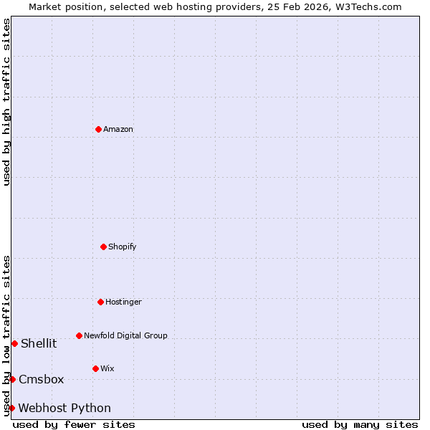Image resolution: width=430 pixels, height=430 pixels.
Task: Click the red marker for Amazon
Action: point(98,129)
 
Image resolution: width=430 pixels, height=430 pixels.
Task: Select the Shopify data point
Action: point(103,247)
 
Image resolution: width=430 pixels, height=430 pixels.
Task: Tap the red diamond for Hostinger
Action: point(100,302)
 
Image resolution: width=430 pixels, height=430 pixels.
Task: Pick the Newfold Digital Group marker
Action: point(79,335)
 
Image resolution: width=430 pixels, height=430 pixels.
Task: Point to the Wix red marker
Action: point(95,368)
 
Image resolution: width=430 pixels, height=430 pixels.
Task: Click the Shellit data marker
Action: point(14,343)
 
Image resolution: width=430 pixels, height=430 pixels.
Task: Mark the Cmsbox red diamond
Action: point(12,379)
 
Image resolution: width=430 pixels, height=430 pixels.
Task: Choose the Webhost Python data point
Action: point(11,408)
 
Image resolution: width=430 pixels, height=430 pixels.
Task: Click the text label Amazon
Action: point(118,130)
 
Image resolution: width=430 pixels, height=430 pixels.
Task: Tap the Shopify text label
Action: point(123,247)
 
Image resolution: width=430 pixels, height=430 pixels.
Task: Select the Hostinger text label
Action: point(123,302)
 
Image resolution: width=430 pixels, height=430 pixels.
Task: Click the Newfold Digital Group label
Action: point(125,336)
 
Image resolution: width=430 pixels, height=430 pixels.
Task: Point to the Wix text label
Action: point(107,369)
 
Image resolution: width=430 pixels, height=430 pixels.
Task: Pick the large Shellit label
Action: point(39,344)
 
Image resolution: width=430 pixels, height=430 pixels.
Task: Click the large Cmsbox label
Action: point(42,380)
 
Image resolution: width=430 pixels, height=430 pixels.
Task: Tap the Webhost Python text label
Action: point(64,408)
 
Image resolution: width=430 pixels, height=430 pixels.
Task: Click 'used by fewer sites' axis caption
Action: point(74,424)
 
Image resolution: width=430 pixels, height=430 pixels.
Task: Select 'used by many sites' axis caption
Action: point(360,424)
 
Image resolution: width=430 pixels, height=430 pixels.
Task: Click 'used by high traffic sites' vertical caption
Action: point(6,102)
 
